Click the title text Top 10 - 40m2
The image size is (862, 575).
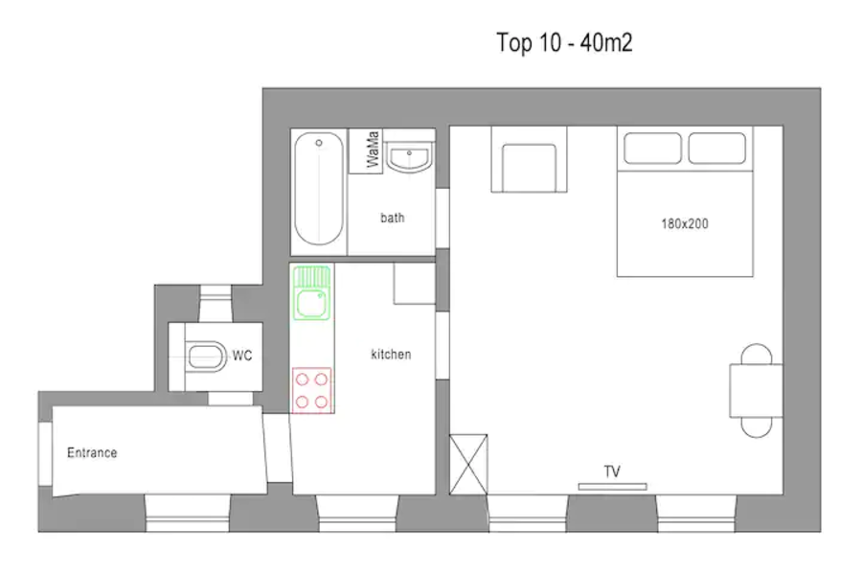click(564, 43)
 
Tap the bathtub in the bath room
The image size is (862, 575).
click(319, 188)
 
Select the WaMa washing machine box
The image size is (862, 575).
click(365, 150)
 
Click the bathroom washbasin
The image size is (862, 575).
click(408, 156)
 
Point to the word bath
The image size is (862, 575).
click(393, 218)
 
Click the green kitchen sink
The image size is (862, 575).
click(311, 292)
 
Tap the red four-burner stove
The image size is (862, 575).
click(311, 390)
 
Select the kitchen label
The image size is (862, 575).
click(391, 355)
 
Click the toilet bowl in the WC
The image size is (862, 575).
click(206, 356)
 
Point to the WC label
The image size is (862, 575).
click(242, 356)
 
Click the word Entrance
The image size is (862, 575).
click(92, 453)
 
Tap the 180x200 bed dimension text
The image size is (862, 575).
click(685, 224)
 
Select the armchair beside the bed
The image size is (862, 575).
click(529, 160)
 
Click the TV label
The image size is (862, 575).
click(612, 471)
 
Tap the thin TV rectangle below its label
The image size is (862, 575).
click(612, 487)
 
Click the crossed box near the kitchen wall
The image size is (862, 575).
click(468, 465)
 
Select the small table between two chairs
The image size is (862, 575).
click(756, 391)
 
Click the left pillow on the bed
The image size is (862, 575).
click(652, 148)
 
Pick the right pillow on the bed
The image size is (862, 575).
click(716, 148)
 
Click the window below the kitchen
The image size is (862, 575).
click(357, 514)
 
